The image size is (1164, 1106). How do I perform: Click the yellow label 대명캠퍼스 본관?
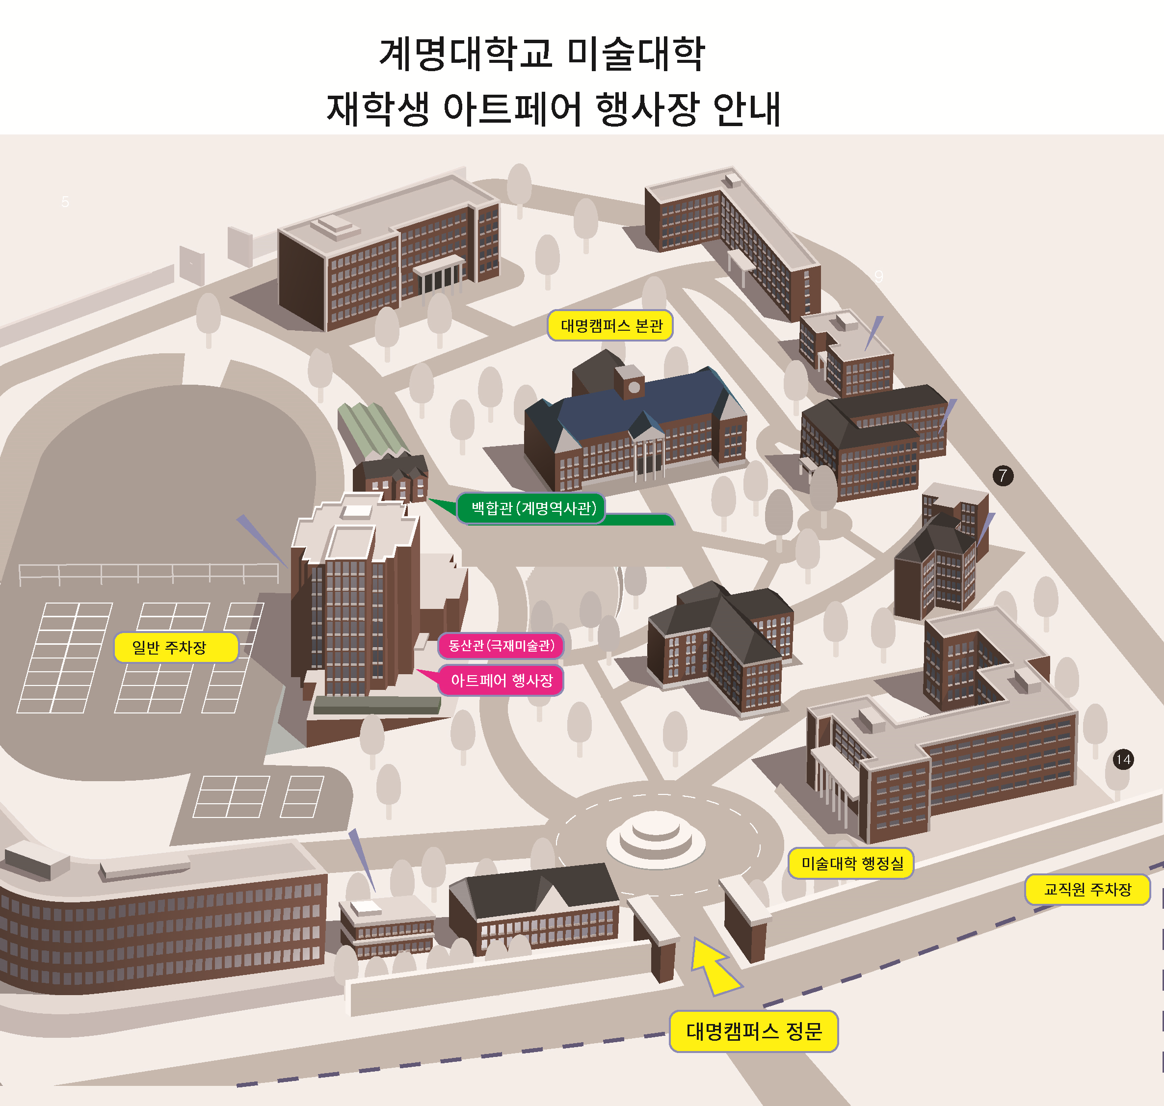610,325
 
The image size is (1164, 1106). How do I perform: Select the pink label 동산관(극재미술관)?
501,646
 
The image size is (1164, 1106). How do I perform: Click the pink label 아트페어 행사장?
501,681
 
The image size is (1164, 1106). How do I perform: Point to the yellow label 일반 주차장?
176,647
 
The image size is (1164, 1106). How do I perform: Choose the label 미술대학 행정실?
851,864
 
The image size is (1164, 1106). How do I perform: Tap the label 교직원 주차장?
1087,890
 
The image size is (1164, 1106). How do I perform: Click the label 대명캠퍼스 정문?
754,1031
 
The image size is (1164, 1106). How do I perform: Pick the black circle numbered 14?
1123,760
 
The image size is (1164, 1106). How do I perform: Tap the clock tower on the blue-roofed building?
629,382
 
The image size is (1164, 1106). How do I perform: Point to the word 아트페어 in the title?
512,109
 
